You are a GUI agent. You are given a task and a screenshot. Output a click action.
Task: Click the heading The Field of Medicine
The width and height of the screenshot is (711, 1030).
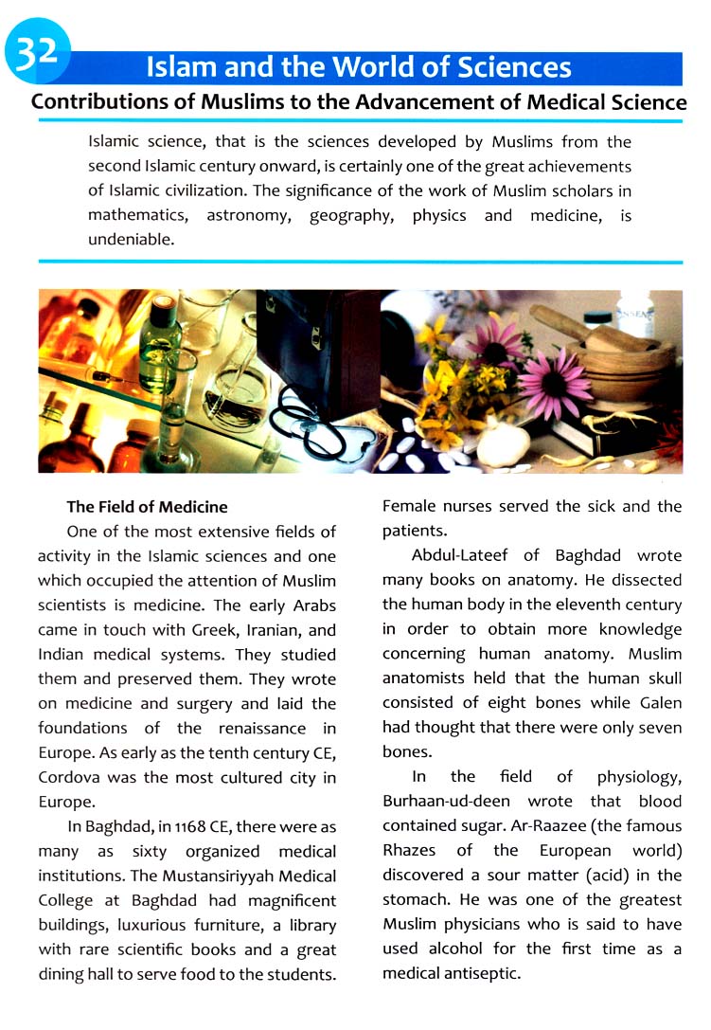pyautogui.click(x=147, y=507)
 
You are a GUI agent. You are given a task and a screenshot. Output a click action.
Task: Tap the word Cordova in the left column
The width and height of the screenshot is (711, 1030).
pyautogui.click(x=72, y=778)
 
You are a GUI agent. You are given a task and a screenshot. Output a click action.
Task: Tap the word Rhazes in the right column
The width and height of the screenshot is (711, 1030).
pyautogui.click(x=409, y=851)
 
